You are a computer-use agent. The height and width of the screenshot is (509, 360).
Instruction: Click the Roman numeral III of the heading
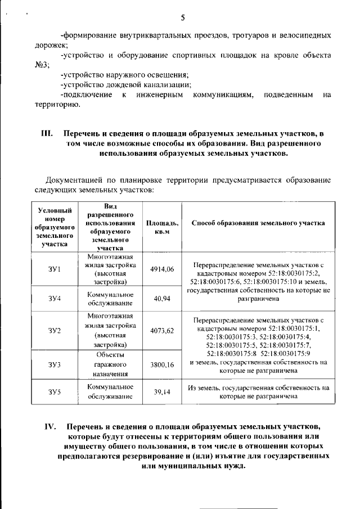pos(47,135)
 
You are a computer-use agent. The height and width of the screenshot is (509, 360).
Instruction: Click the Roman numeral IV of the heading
pos(51,426)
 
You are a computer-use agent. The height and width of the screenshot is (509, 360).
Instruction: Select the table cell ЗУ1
pos(55,269)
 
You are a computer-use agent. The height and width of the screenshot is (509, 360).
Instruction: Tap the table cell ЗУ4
pos(55,298)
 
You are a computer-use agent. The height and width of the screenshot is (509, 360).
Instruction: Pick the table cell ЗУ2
pos(55,330)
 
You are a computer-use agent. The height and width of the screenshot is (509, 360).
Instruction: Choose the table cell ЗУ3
pos(55,364)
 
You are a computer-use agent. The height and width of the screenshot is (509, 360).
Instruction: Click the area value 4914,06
pos(162,269)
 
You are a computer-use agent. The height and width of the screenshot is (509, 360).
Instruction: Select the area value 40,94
pos(162,298)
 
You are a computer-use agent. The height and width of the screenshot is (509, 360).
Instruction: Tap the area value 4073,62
pos(162,330)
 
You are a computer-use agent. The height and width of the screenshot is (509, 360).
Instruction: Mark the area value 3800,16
pos(162,364)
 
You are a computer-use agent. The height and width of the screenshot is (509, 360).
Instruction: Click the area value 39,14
pos(162,393)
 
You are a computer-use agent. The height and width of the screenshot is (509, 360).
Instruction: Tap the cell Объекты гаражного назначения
pos(110,364)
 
